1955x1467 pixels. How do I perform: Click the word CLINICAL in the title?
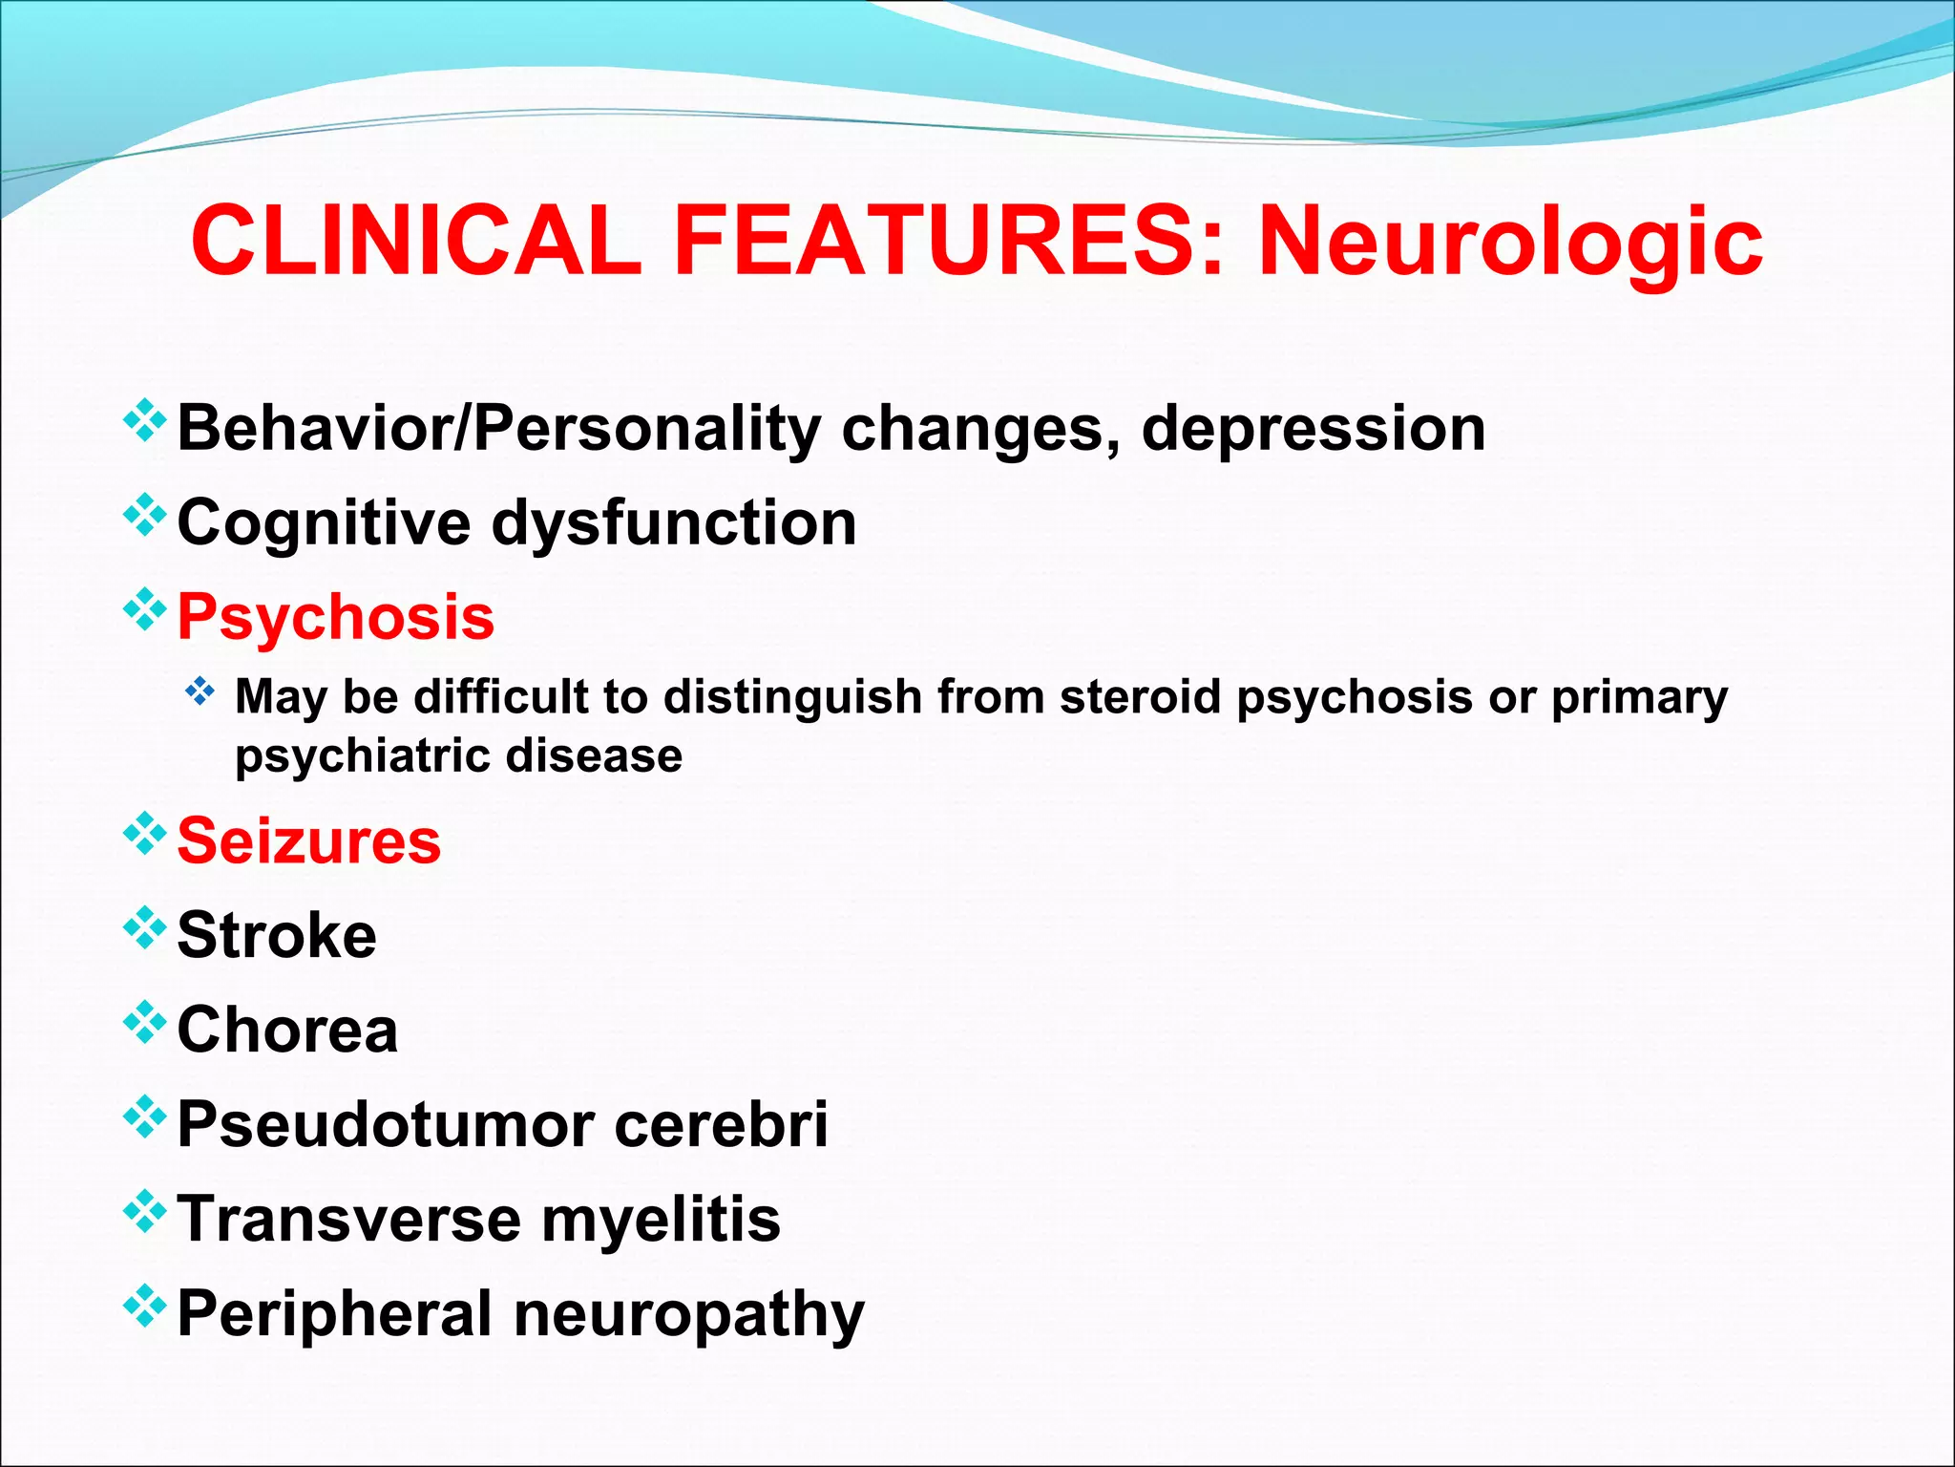(x=416, y=241)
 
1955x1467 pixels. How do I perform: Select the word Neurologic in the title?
(x=1510, y=243)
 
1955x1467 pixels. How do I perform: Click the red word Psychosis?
(x=336, y=617)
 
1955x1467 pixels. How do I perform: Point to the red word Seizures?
(x=309, y=841)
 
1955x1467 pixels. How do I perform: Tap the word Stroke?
(x=277, y=935)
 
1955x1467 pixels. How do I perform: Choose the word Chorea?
(x=287, y=1030)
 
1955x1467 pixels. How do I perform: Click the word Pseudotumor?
(x=386, y=1124)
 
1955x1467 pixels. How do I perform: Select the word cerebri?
(x=721, y=1124)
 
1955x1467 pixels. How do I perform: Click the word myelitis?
(x=661, y=1220)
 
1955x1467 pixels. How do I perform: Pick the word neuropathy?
(x=689, y=1315)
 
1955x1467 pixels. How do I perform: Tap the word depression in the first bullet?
(x=1314, y=428)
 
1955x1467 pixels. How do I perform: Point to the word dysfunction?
(x=674, y=523)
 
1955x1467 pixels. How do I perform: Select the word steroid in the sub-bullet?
(x=1141, y=696)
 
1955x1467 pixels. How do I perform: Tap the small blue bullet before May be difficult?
(x=200, y=691)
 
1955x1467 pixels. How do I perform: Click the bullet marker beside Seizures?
(x=145, y=833)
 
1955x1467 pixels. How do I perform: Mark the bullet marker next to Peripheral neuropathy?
(x=145, y=1306)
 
